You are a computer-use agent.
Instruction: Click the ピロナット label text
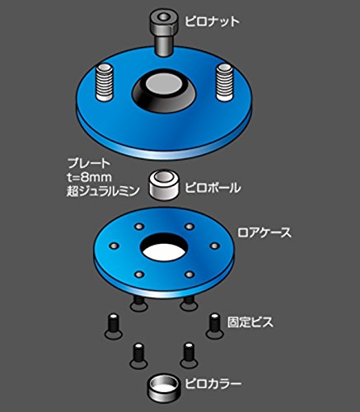click(212, 21)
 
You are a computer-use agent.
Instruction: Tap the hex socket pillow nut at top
click(163, 32)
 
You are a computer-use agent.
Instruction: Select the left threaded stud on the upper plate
click(105, 82)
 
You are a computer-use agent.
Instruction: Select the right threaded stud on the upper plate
click(225, 82)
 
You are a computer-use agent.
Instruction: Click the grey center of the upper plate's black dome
click(163, 84)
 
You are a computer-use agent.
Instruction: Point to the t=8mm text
click(90, 177)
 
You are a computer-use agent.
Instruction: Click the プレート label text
click(89, 163)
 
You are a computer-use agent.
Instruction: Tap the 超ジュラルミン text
click(103, 191)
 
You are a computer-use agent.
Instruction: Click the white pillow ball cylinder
click(164, 184)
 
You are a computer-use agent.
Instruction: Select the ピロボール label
click(213, 188)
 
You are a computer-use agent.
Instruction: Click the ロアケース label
click(264, 233)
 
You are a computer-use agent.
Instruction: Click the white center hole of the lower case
click(163, 252)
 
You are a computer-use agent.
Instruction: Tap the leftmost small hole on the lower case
click(114, 246)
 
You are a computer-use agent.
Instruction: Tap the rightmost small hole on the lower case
click(214, 246)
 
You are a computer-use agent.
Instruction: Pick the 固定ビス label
click(250, 322)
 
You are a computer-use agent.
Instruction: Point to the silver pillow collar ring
click(163, 388)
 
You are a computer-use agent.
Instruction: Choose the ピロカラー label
click(213, 383)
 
